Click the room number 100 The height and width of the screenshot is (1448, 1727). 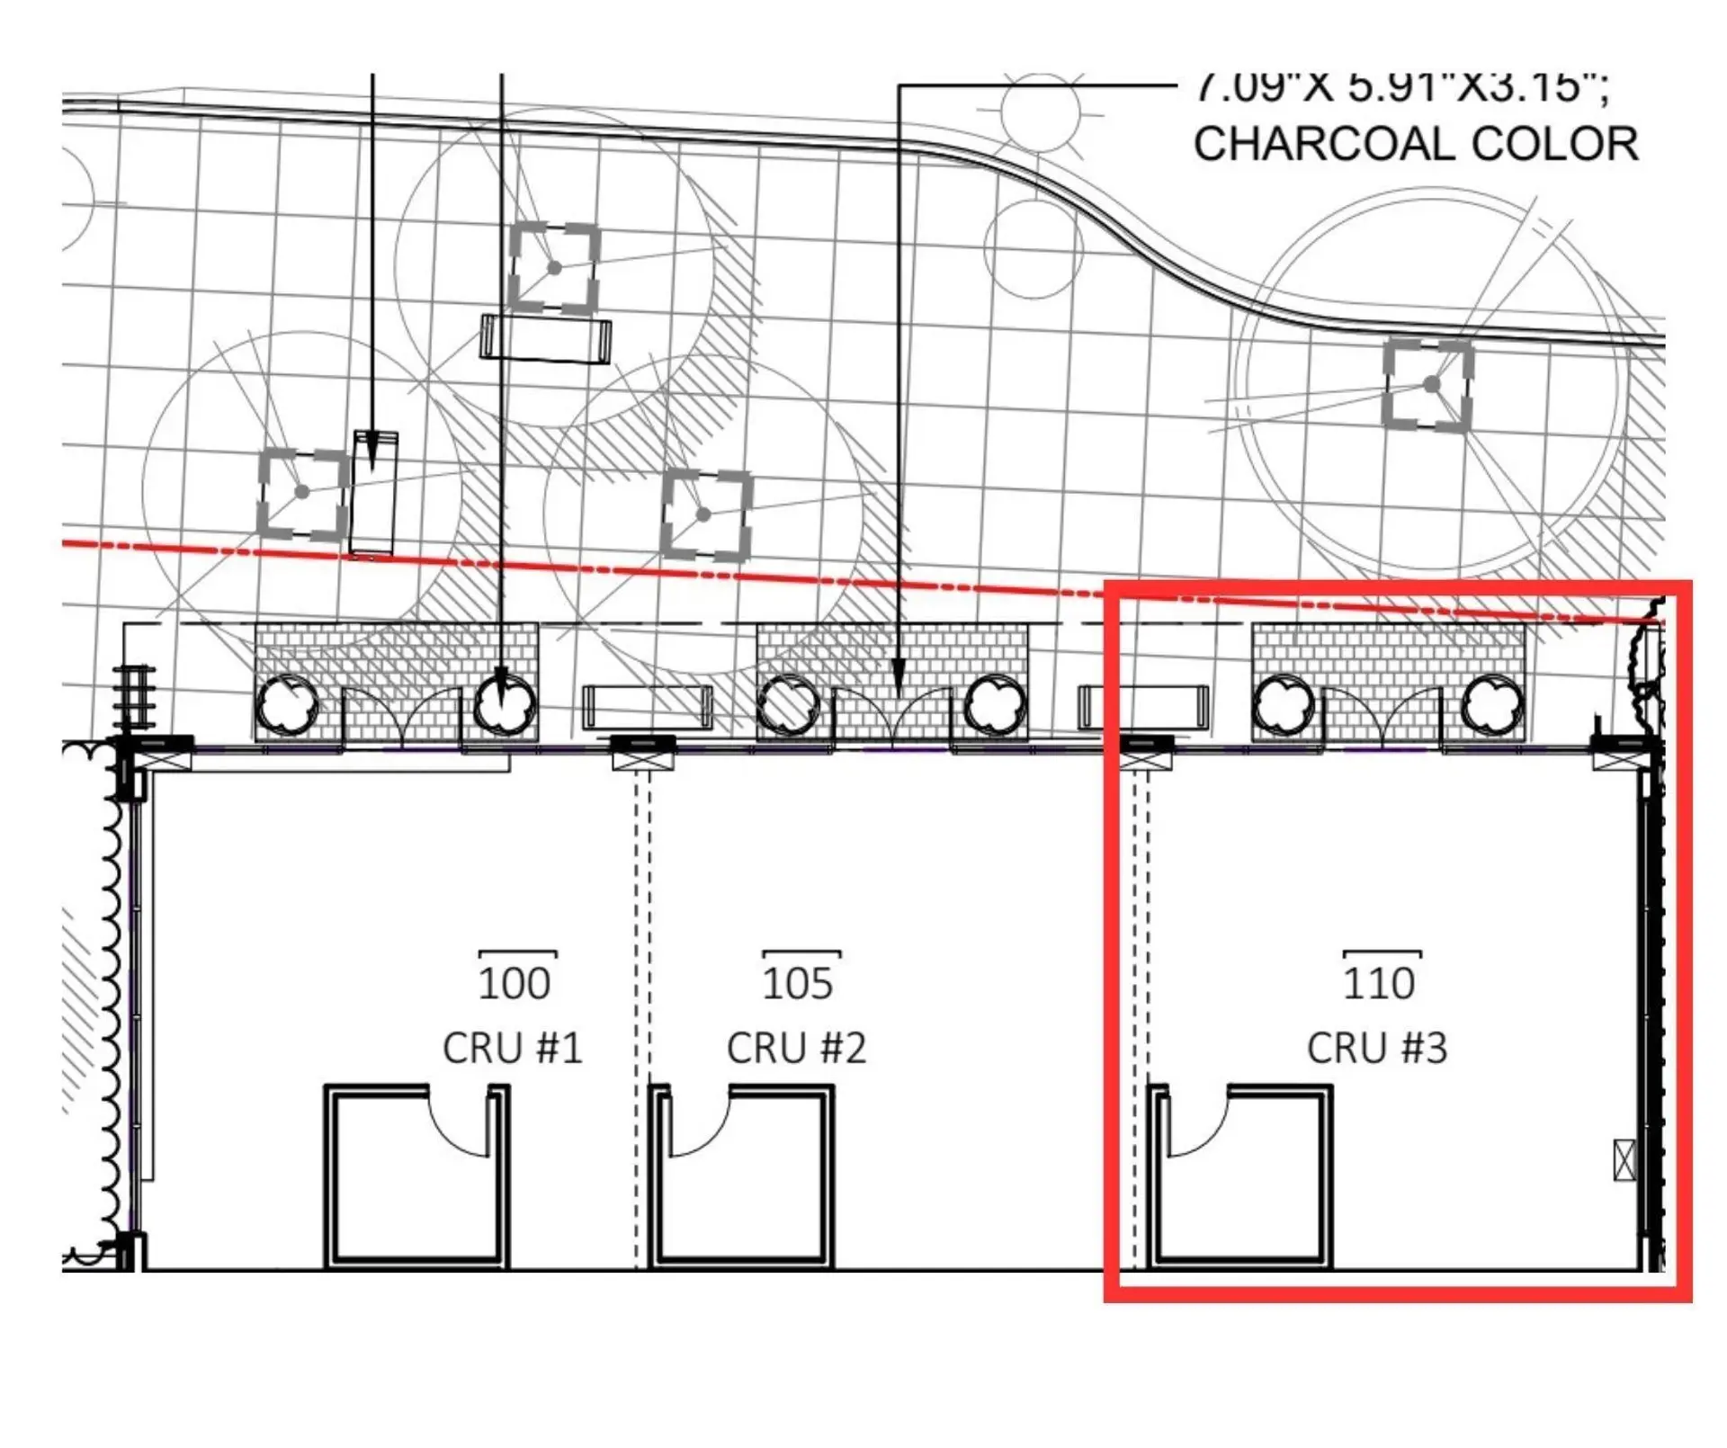[514, 983]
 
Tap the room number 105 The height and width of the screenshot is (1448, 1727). [798, 983]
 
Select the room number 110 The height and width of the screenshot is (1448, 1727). [1379, 983]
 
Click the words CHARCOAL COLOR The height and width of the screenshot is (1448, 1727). [1416, 144]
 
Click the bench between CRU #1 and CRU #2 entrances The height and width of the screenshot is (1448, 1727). [648, 707]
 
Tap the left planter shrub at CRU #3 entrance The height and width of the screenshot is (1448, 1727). [1283, 704]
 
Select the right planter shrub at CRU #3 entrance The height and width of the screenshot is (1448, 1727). [1492, 704]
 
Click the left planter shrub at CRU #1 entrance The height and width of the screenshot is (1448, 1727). [287, 704]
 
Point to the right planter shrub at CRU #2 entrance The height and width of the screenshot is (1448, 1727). [995, 704]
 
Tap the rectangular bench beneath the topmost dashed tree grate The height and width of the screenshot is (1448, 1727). [546, 339]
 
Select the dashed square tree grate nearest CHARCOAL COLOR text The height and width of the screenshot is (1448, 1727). [1428, 384]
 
